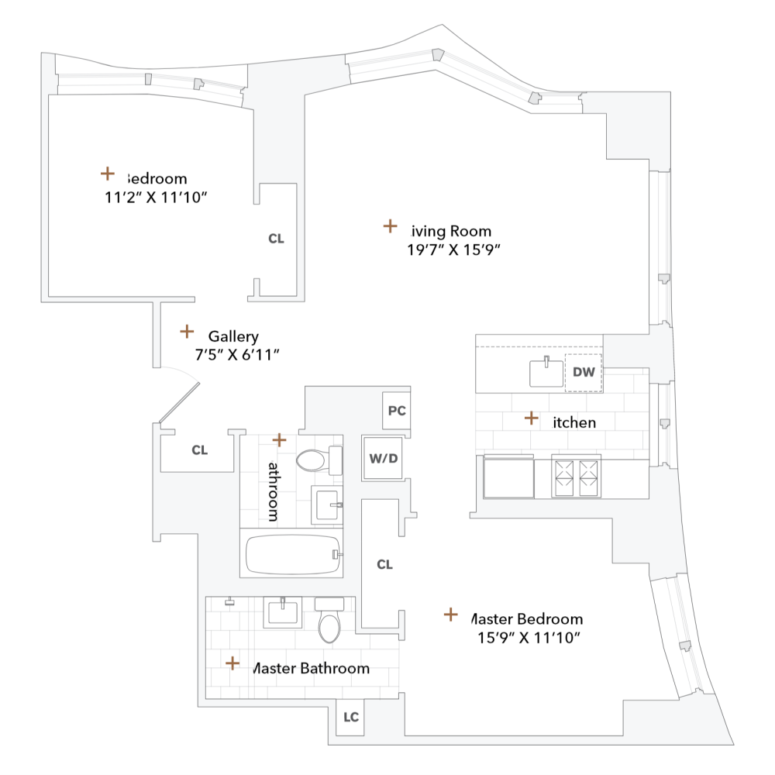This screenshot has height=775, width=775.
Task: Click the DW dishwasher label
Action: pos(584,372)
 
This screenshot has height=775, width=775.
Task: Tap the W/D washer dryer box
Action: pos(384,458)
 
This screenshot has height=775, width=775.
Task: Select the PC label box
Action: pos(397,411)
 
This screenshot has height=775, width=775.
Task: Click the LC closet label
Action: pos(351,718)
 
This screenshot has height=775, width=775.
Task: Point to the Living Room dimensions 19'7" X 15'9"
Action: pos(454,250)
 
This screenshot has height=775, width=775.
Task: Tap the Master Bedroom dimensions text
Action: pos(529,638)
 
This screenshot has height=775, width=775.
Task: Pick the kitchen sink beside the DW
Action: pos(546,373)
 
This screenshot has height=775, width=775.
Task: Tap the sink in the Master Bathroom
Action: pos(283,613)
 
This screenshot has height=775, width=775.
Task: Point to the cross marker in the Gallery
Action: pos(187,332)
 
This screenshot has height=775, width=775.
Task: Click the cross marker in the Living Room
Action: pos(390,226)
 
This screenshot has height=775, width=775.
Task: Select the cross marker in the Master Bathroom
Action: pos(232,663)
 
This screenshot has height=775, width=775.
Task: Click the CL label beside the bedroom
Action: pos(277,239)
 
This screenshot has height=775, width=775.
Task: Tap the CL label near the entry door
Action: pos(200,450)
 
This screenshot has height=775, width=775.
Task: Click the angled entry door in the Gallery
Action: pos(181,403)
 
